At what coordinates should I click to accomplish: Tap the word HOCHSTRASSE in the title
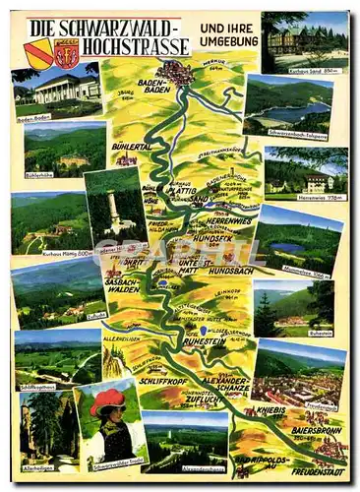point(136,46)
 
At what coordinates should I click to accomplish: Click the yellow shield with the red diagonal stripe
point(40,56)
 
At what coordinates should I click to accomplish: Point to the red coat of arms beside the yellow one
point(67,56)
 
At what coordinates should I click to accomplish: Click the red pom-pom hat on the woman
point(107,400)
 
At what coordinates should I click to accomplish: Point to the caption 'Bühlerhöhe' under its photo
point(38,175)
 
